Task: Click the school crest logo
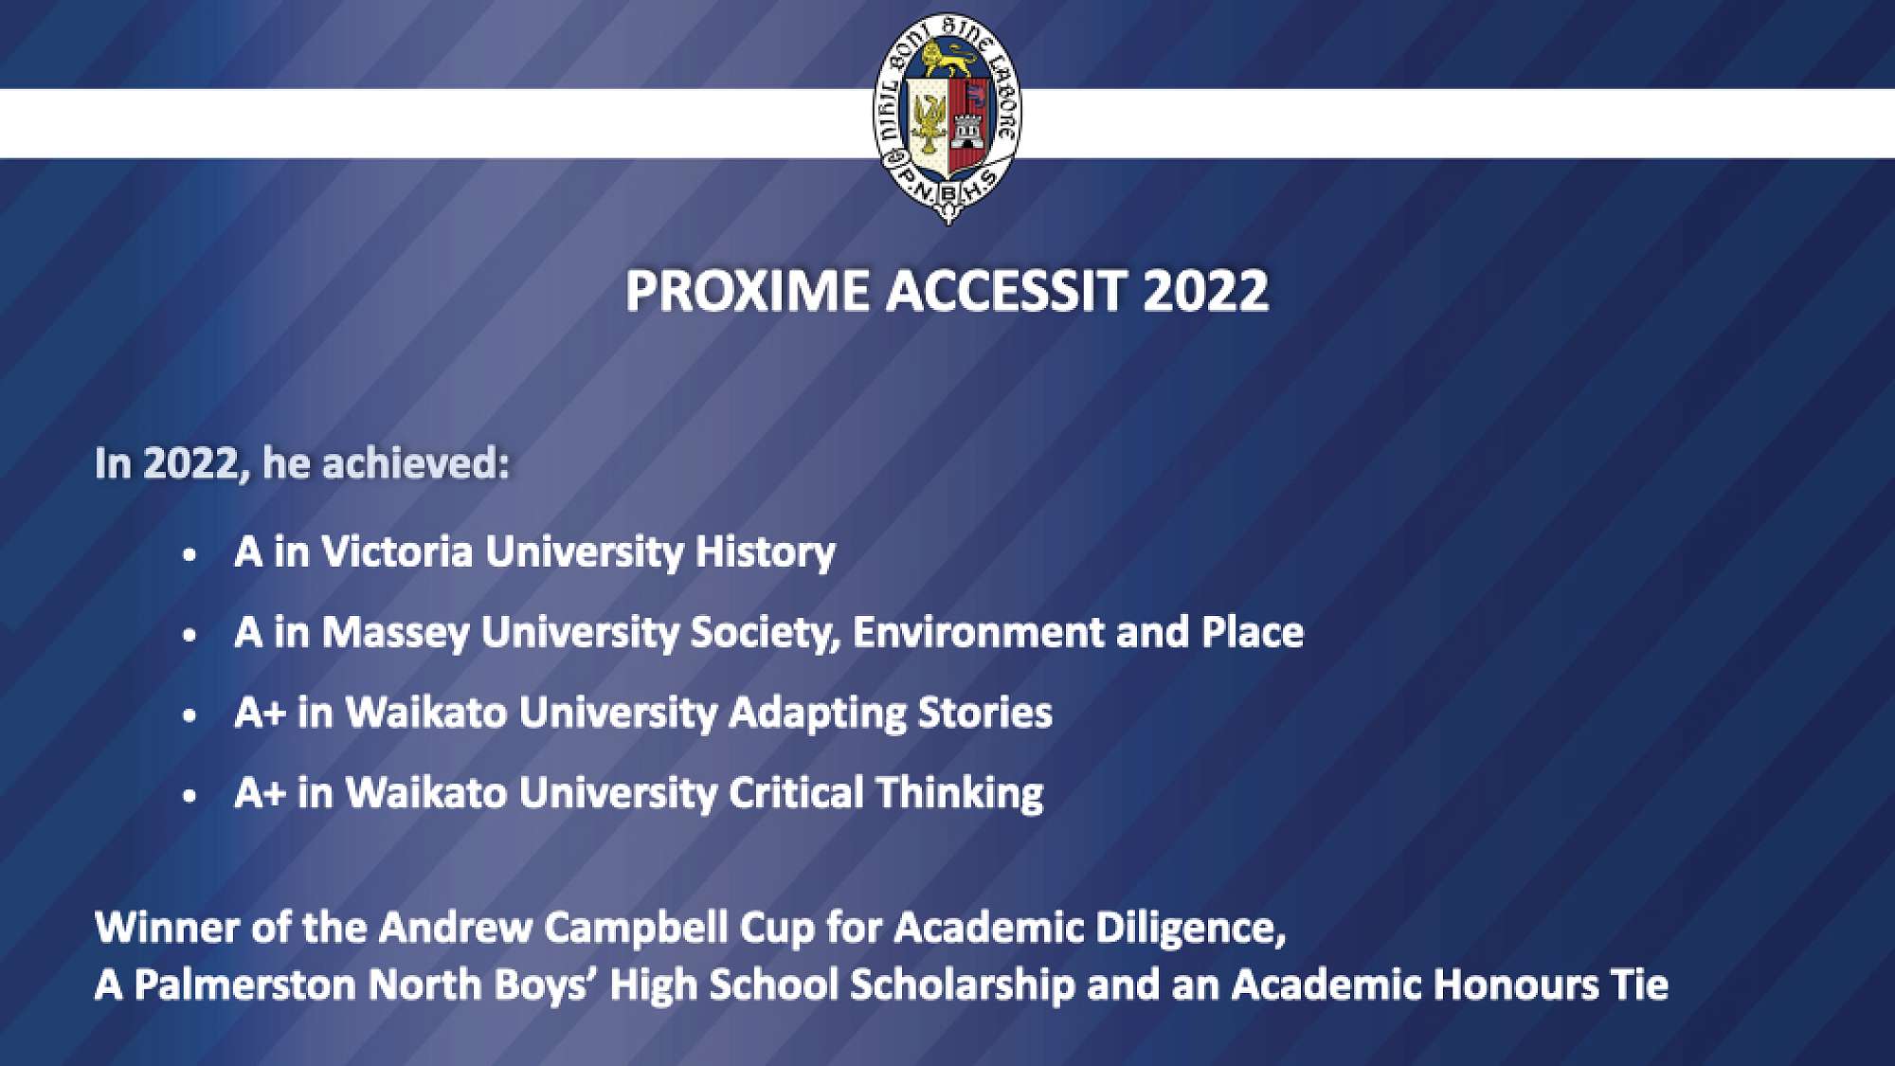947,118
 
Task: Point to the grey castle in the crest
967,130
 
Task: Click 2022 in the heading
1206,291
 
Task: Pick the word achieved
416,463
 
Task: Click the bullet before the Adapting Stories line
190,715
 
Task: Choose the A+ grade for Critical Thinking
260,793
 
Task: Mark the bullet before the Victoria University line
190,554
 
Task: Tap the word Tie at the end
1640,985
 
